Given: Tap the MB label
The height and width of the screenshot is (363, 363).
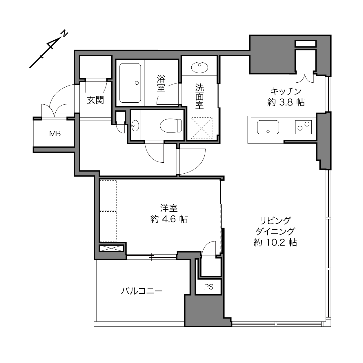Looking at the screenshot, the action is (x=55, y=134).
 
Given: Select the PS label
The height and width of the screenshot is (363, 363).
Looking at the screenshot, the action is (x=208, y=287).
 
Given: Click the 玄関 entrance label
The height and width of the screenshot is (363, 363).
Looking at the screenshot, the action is (x=95, y=100).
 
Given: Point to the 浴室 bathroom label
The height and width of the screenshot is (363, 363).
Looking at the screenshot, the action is (x=161, y=83).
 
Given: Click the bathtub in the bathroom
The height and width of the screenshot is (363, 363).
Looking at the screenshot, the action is (x=130, y=83).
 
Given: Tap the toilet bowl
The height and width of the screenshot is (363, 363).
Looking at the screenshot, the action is (x=171, y=125).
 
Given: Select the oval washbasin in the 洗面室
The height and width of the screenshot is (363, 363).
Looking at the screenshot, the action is (x=199, y=67).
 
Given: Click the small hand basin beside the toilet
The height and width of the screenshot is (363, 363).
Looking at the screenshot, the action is (x=135, y=126).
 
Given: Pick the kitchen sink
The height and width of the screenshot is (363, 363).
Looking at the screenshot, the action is (x=268, y=127).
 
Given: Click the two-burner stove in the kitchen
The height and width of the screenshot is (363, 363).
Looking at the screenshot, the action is (x=303, y=127).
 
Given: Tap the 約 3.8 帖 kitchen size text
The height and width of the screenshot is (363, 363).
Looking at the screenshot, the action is (x=286, y=102).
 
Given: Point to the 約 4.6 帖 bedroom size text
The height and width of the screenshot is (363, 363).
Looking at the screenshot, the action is (x=169, y=219).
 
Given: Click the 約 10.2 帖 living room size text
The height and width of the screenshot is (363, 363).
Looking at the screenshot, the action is (x=275, y=242).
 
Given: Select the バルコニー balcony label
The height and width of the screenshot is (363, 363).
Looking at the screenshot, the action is (x=142, y=291).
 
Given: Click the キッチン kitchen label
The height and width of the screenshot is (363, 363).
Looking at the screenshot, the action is (x=286, y=92).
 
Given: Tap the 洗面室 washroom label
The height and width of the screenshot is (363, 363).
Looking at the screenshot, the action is (x=199, y=96).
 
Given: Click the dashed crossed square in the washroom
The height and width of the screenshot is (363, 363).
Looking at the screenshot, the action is (x=202, y=128).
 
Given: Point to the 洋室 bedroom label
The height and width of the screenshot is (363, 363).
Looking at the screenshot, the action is (x=169, y=208).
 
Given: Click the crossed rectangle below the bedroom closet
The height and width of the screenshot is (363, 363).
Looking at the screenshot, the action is (x=111, y=248).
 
